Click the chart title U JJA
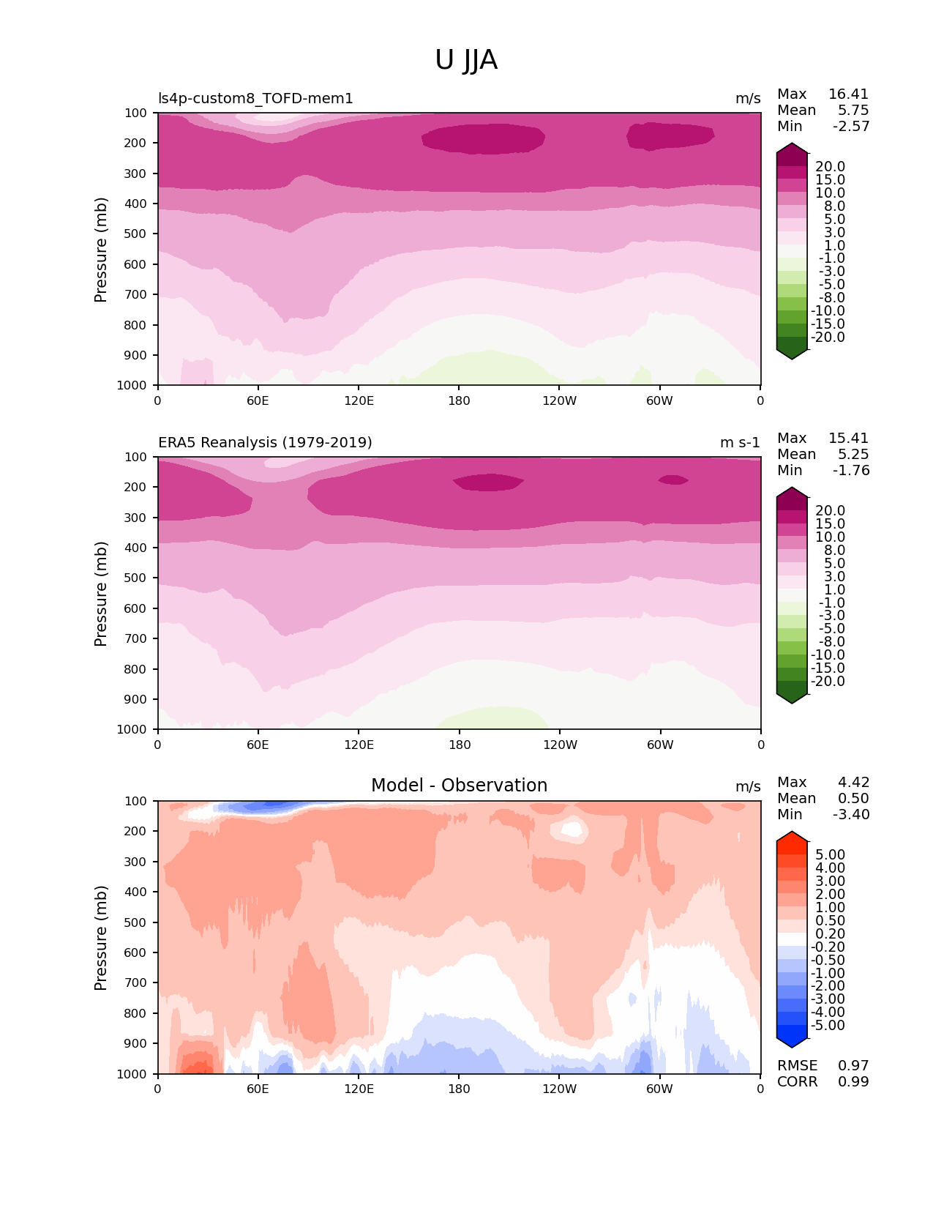(466, 61)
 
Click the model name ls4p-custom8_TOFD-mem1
(255, 99)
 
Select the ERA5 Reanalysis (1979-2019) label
(265, 443)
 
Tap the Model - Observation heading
(459, 786)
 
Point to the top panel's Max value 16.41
(848, 94)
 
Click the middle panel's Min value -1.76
(851, 471)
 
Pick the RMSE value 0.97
(853, 1066)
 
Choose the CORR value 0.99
(853, 1082)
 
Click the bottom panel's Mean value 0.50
(853, 799)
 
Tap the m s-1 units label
(740, 443)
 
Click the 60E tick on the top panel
(258, 400)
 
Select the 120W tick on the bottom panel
(560, 1089)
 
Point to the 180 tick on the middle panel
(460, 745)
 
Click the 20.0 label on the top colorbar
(830, 167)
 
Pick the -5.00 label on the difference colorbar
(828, 1026)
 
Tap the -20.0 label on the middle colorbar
(828, 682)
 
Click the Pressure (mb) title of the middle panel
(101, 594)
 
